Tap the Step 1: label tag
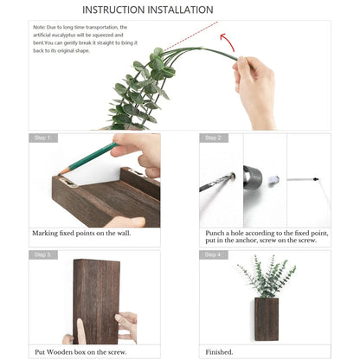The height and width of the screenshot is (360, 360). [43, 138]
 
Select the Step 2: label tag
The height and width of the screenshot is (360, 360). [214, 138]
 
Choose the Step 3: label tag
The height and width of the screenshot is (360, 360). [43, 255]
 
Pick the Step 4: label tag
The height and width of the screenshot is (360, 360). [214, 255]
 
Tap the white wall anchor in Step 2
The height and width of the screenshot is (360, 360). [274, 180]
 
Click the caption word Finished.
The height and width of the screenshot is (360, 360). [220, 352]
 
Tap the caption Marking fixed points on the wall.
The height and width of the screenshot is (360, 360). [81, 233]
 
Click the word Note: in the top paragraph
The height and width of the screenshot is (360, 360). [41, 28]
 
